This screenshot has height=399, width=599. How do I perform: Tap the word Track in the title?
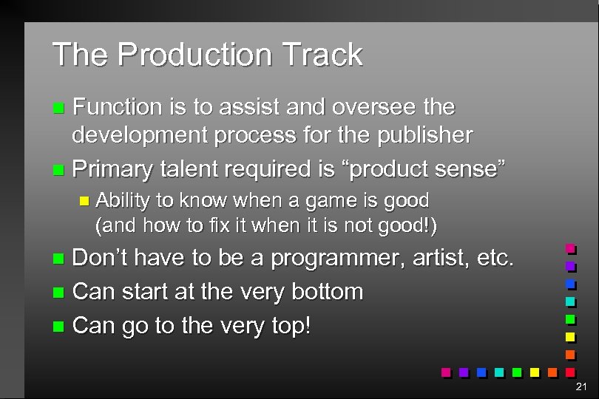[x=320, y=55]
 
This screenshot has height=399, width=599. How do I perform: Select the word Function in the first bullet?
[x=118, y=107]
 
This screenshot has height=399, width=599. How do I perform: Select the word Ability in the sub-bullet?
[x=122, y=200]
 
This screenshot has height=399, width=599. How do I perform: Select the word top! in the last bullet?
[x=287, y=325]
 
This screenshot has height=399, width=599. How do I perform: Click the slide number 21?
[x=581, y=386]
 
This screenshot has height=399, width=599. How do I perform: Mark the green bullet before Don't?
[x=60, y=259]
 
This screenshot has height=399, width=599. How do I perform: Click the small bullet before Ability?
[x=84, y=201]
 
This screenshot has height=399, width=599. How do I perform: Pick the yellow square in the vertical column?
[x=570, y=337]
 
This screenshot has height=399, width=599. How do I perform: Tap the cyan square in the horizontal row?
[x=500, y=372]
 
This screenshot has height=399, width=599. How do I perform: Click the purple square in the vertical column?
[x=570, y=266]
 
